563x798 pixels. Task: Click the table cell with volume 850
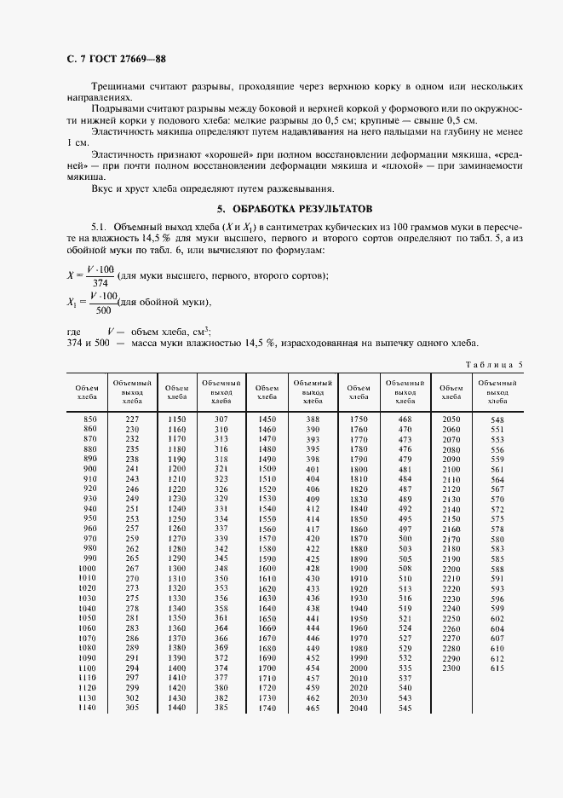click(90, 419)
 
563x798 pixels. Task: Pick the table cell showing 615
click(497, 669)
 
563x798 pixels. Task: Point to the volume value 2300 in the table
click(451, 669)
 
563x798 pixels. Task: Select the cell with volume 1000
click(88, 568)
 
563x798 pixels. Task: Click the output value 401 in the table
click(313, 470)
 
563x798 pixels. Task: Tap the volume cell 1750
click(359, 419)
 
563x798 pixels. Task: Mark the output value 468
click(405, 419)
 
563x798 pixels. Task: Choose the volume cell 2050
click(451, 420)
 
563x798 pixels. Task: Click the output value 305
click(132, 708)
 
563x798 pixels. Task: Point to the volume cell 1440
click(176, 708)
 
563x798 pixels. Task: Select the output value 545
click(405, 708)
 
